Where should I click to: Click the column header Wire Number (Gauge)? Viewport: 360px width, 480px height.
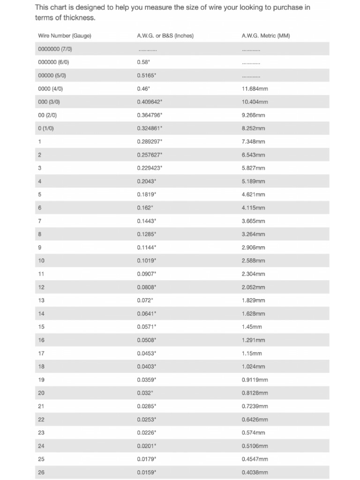point(64,36)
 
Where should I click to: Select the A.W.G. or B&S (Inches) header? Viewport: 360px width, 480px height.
point(165,36)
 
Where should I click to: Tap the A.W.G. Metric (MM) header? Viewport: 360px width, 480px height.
point(265,36)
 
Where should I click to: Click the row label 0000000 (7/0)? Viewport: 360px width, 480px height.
point(55,49)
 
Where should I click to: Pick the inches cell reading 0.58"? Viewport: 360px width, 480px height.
point(143,62)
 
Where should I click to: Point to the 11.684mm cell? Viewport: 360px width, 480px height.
point(255,89)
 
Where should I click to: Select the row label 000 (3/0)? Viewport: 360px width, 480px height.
point(49,102)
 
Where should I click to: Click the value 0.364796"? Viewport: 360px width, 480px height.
point(150,115)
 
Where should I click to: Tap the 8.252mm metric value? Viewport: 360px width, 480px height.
point(253,128)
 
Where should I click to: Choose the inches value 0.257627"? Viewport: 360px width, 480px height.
point(150,155)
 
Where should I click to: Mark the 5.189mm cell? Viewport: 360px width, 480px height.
point(253,181)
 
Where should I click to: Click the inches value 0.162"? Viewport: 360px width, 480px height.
point(145,208)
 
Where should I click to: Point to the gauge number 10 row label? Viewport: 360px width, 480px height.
point(41,261)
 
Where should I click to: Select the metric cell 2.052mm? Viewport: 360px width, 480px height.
point(253,287)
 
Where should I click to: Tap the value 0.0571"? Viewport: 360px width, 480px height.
point(146,327)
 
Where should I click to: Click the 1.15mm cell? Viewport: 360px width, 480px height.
point(252,353)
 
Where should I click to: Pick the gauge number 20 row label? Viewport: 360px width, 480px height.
point(41,393)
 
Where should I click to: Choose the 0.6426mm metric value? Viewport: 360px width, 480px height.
point(255,420)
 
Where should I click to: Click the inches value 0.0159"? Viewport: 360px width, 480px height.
point(146,472)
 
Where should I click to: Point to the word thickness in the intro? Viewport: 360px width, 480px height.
point(75,18)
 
